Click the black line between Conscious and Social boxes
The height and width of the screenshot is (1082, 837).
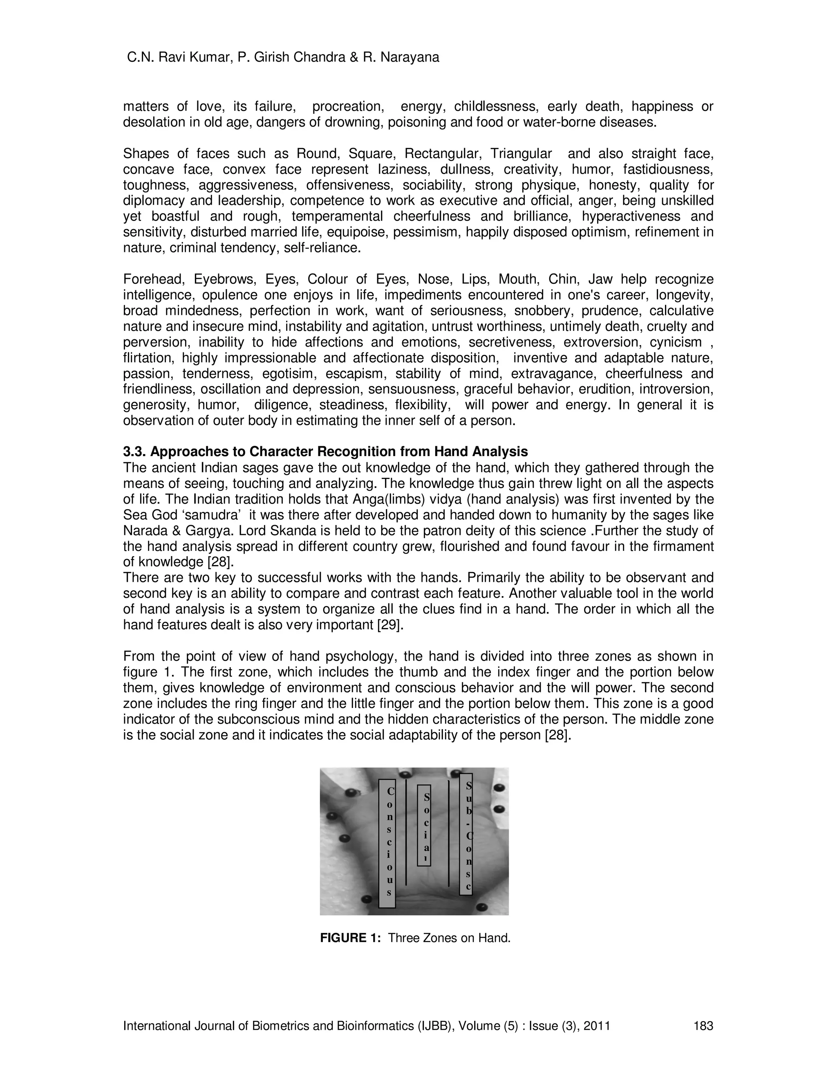coord(406,832)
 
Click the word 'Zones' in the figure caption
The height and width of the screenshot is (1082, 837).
coord(441,938)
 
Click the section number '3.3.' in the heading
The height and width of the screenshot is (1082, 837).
coord(134,452)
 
